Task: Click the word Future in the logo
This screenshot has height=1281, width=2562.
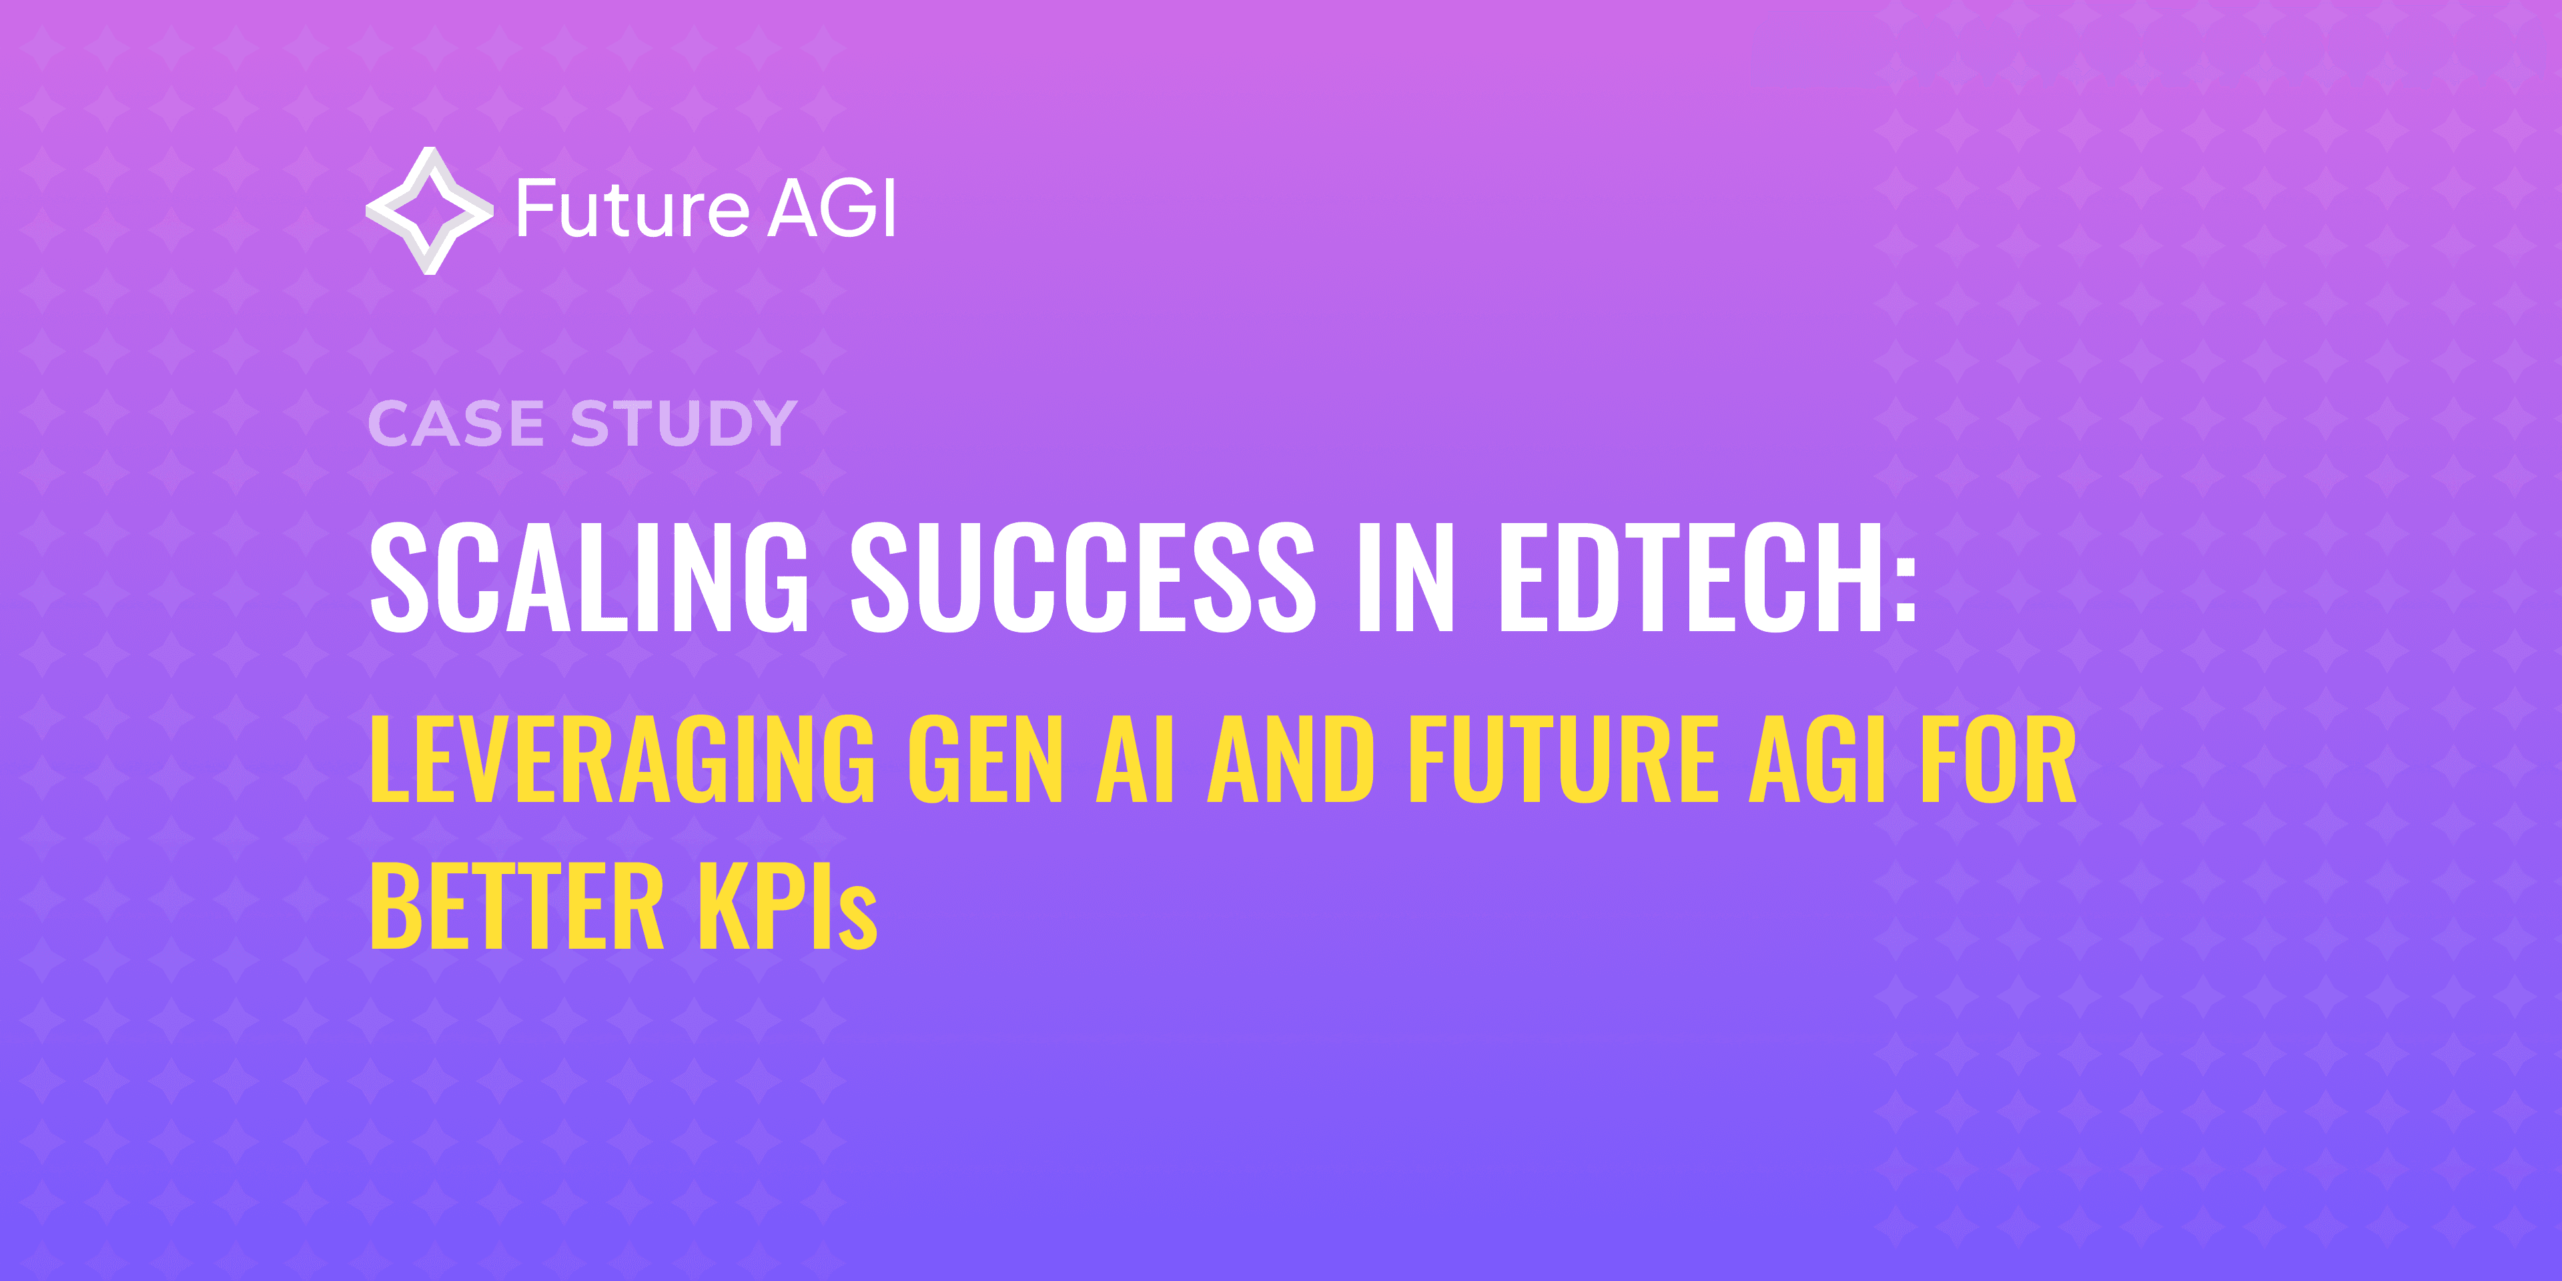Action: tap(632, 210)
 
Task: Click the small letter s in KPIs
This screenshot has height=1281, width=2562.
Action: tap(858, 920)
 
